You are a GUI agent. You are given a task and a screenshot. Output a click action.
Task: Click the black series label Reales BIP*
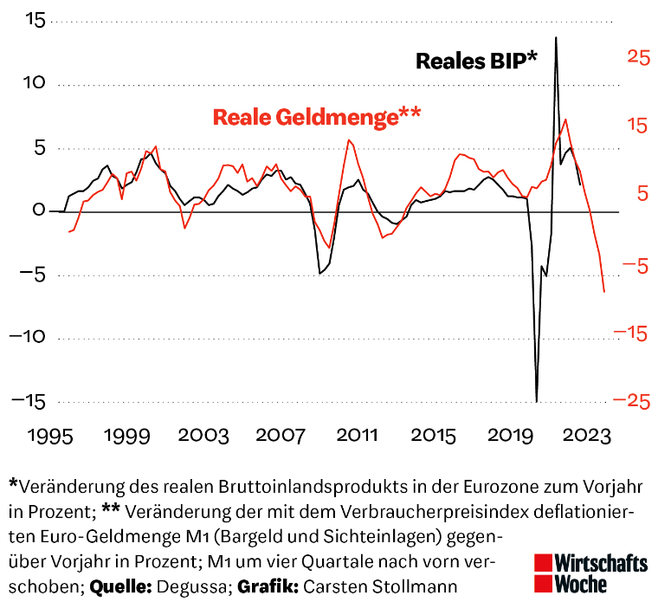[x=476, y=61]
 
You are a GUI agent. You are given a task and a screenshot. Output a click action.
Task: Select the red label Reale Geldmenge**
[x=317, y=117]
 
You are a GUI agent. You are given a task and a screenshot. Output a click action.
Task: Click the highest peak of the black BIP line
[x=556, y=37]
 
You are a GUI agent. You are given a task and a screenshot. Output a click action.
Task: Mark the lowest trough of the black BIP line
[x=537, y=401]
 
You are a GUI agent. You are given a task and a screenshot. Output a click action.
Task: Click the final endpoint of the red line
[x=604, y=292]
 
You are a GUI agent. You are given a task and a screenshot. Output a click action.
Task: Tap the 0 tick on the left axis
[x=39, y=210]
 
